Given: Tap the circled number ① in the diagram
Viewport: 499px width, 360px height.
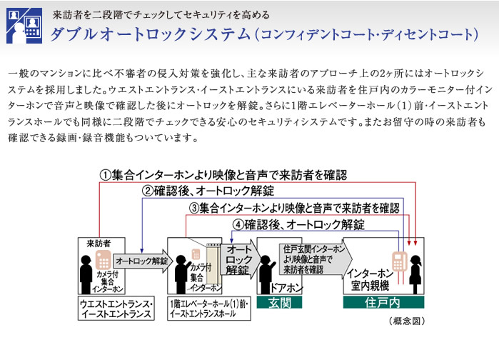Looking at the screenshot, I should coord(104,175).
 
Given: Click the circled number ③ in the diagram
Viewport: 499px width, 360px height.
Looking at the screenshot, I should coord(194,208).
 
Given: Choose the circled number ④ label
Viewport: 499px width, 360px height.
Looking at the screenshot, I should coord(238,224).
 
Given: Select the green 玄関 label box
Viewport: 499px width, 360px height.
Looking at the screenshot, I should coord(281,303).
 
